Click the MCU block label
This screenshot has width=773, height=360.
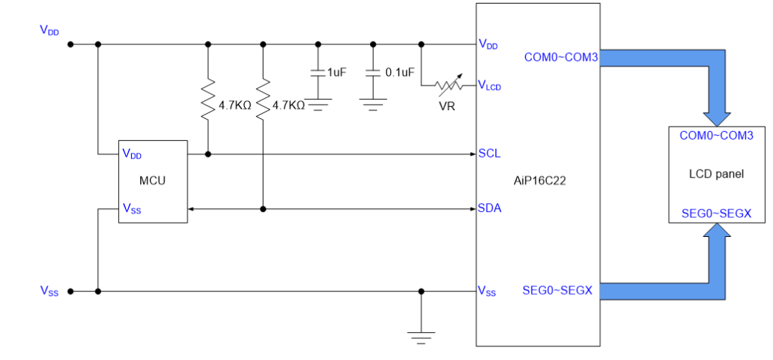click(152, 181)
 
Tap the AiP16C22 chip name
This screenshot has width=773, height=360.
click(540, 181)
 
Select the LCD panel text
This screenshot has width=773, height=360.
click(716, 174)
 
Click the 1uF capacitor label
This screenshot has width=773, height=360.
click(336, 72)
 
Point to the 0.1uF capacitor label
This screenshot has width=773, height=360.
click(400, 72)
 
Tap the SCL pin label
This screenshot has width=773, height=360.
click(490, 153)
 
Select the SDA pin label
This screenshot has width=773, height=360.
click(490, 208)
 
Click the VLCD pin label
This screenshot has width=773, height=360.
click(490, 86)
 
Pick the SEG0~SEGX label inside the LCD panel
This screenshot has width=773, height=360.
click(716, 213)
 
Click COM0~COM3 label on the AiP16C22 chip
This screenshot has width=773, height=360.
click(561, 58)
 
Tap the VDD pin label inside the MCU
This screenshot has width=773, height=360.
click(132, 154)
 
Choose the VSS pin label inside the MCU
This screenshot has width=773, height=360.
click(132, 209)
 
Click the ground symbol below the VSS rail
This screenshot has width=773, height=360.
click(421, 338)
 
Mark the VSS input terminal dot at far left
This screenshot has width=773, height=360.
click(70, 291)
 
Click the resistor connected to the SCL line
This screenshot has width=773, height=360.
click(208, 99)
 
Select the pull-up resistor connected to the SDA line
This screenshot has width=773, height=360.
click(263, 99)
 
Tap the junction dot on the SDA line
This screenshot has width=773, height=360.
click(263, 209)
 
